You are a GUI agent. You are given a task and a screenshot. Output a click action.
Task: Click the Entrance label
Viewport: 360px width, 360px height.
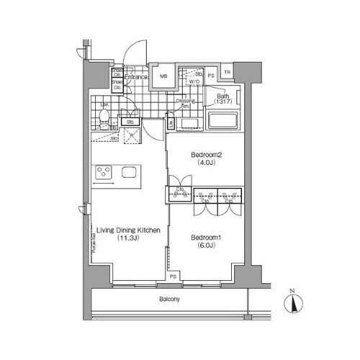click(136, 77)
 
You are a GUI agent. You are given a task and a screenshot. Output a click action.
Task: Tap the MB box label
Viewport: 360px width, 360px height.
click(163, 77)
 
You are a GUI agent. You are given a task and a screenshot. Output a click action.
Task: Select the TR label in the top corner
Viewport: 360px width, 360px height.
click(228, 73)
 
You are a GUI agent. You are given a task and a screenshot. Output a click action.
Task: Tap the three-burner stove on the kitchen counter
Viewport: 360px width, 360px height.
click(104, 173)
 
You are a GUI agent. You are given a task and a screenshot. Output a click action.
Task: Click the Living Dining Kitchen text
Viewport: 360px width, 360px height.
click(127, 231)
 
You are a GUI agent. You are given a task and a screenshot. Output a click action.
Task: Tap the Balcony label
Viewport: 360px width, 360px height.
click(170, 299)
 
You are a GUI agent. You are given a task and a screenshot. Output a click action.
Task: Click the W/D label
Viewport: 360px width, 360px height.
click(194, 81)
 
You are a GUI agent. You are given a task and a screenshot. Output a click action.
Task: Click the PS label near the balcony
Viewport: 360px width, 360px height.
click(173, 276)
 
